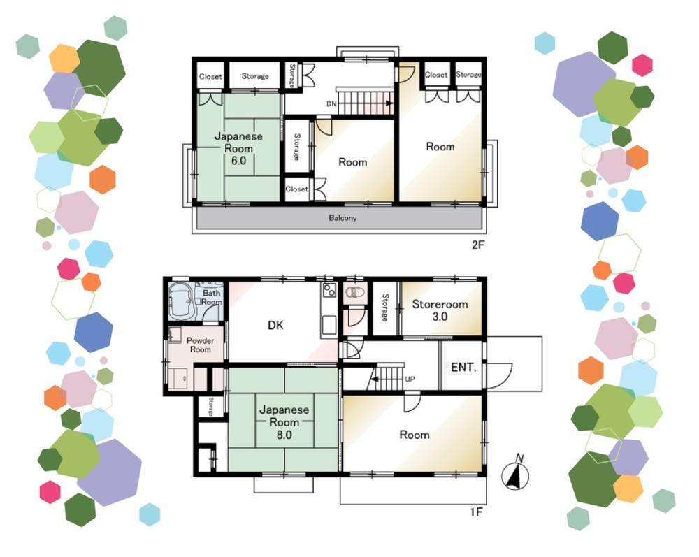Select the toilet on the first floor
click(355, 292)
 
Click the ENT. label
click(463, 368)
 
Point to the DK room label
click(275, 325)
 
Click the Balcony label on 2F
click(343, 218)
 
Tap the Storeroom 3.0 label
click(440, 310)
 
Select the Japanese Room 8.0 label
click(284, 422)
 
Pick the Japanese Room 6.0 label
click(238, 148)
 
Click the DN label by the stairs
click(331, 104)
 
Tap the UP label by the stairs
click(410, 379)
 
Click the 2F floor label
click(478, 245)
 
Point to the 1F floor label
click(477, 512)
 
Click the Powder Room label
click(200, 345)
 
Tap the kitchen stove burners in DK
click(329, 291)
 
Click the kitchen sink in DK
click(329, 324)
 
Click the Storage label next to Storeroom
click(385, 308)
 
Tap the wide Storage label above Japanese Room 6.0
click(255, 76)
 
